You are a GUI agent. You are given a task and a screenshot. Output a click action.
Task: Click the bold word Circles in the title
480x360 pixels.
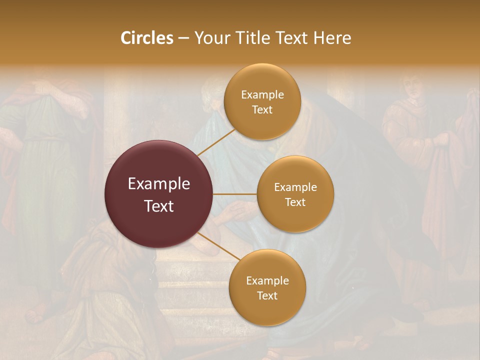146,38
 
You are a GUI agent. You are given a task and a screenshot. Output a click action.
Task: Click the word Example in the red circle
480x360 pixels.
159,184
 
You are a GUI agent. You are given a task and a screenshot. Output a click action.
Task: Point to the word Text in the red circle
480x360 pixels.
159,206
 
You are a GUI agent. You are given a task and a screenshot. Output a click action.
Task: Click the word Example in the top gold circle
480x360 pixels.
262,95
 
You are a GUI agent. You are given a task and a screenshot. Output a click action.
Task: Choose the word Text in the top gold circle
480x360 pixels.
262,110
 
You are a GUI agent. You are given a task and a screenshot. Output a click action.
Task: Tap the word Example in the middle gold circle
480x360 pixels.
295,187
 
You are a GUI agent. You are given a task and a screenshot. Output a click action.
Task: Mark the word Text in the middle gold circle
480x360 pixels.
295,202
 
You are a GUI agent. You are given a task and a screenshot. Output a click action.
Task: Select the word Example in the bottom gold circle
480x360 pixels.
267,281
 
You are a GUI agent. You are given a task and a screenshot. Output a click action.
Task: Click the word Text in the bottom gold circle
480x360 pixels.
267,296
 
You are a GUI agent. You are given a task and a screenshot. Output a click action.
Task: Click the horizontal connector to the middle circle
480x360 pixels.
235,194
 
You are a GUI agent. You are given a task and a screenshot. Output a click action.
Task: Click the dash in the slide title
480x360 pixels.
183,38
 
